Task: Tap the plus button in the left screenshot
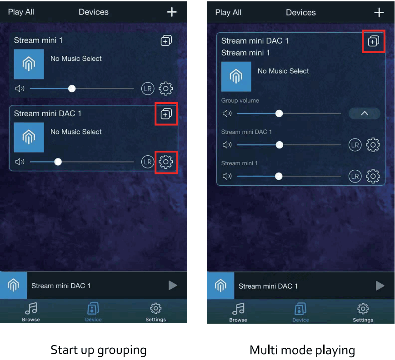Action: point(172,12)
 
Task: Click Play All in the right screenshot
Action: point(228,12)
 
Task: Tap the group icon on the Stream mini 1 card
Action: point(166,41)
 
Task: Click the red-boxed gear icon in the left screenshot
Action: point(166,162)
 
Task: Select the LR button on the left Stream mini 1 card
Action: point(148,89)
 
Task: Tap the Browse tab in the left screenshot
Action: point(31,312)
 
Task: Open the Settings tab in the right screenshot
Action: point(363,312)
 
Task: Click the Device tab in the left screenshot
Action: point(93,312)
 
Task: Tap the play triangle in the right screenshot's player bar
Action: point(380,286)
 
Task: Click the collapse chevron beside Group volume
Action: point(364,113)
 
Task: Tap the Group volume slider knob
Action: point(279,113)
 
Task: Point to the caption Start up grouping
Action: point(99,350)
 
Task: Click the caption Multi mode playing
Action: point(302,350)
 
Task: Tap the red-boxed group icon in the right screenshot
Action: point(373,41)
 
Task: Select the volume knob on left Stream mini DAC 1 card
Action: point(58,162)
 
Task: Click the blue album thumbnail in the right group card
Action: point(236,77)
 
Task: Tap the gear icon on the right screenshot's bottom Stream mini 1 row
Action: point(373,176)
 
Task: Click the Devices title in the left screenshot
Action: point(94,12)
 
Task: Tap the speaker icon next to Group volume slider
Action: point(227,113)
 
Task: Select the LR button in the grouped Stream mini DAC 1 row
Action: point(355,145)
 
